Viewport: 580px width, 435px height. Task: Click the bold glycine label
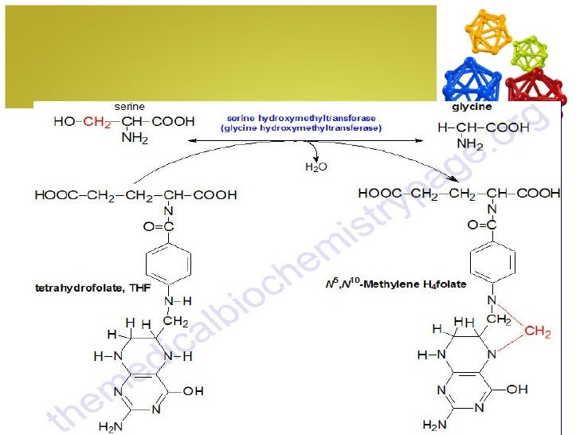pyautogui.click(x=472, y=106)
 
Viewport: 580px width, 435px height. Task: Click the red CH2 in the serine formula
pyautogui.click(x=98, y=122)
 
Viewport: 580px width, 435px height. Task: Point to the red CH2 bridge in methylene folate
pyautogui.click(x=536, y=331)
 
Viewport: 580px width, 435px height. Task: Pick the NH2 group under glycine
pyautogui.click(x=470, y=144)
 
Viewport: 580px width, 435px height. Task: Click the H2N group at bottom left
pyautogui.click(x=110, y=426)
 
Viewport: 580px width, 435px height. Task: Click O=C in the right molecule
pyautogui.click(x=484, y=225)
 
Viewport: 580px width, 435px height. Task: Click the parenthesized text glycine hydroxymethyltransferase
pyautogui.click(x=301, y=127)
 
